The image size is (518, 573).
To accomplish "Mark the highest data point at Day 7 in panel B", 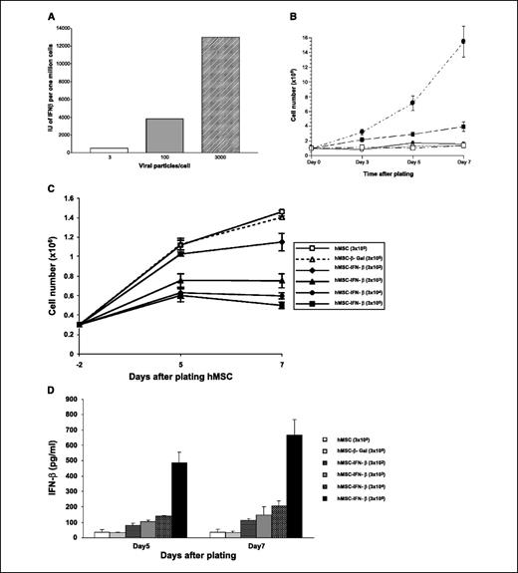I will click(464, 41).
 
